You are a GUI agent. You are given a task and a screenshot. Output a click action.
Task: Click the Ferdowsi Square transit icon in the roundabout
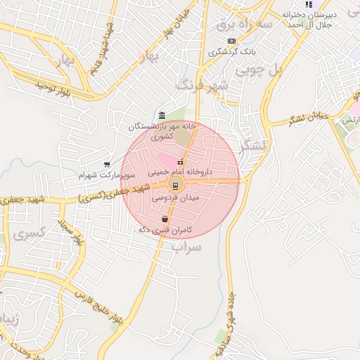pyautogui.click(x=173, y=186)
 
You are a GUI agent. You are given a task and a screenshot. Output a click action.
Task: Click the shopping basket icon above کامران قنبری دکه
pyautogui.click(x=165, y=219)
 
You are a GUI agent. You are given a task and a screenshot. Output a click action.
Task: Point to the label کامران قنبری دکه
pyautogui.click(x=165, y=230)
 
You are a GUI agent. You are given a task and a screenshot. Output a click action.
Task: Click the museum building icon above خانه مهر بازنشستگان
pyautogui.click(x=162, y=115)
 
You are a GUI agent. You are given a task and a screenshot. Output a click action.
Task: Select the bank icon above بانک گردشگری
pyautogui.click(x=231, y=41)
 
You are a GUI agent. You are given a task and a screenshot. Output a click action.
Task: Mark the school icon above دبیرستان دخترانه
pyautogui.click(x=309, y=4)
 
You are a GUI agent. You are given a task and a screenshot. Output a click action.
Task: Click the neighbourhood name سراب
pyautogui.click(x=186, y=247)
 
